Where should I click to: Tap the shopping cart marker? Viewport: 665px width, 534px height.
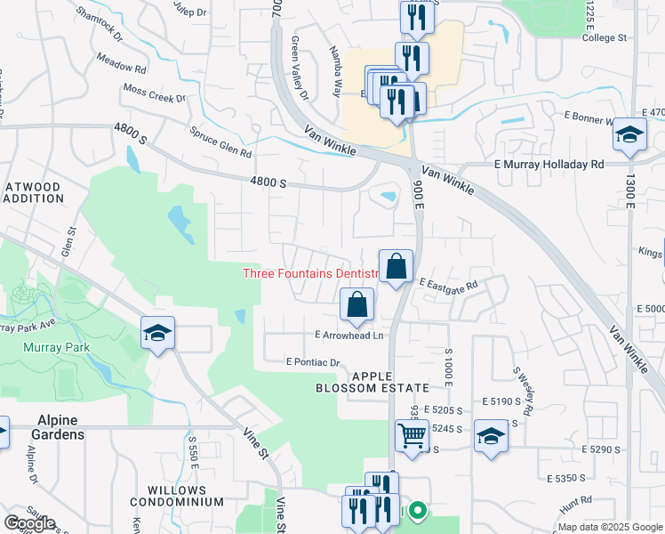point(412,437)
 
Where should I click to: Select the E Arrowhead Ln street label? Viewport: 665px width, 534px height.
point(349,335)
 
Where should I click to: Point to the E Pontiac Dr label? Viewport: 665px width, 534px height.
point(313,362)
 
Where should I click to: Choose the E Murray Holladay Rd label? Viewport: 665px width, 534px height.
point(549,165)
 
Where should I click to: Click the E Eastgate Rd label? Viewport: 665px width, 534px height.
point(449,283)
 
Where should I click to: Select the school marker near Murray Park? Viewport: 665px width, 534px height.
point(158,334)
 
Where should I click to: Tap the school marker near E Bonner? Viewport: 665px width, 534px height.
point(629,135)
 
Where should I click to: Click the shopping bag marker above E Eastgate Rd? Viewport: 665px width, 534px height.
point(396,266)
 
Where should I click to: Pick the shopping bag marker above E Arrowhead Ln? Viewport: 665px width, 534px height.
point(356,305)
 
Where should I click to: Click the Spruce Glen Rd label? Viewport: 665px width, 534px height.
point(220,141)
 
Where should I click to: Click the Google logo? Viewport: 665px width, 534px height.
point(29,522)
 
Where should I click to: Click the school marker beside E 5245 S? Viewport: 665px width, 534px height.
point(490,437)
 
